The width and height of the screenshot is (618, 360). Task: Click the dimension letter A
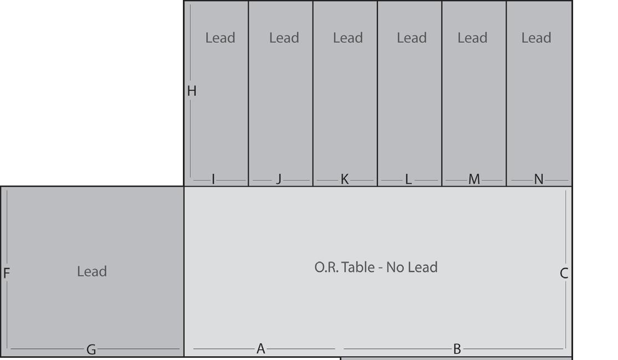click(x=261, y=349)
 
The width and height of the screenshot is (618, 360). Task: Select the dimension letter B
click(x=457, y=349)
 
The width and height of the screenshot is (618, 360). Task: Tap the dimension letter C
click(x=564, y=272)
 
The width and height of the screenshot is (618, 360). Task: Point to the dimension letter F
click(x=7, y=272)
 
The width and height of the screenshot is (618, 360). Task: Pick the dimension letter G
click(x=91, y=349)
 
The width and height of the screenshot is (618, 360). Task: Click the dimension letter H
click(x=192, y=91)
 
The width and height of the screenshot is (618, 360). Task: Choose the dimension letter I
click(x=213, y=179)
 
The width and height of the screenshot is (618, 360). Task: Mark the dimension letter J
click(x=279, y=179)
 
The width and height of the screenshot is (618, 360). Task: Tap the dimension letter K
click(x=345, y=179)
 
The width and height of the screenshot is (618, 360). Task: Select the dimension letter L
click(x=408, y=179)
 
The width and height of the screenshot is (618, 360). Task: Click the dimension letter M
click(x=474, y=179)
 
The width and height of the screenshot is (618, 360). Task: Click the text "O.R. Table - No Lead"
click(x=376, y=268)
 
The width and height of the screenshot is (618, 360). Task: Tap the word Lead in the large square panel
click(x=92, y=272)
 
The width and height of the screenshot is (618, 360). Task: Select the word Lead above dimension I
click(x=220, y=38)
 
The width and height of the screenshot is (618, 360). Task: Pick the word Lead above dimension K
click(x=348, y=38)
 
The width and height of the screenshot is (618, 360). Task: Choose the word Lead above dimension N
click(x=536, y=38)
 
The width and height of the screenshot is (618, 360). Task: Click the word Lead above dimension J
click(x=284, y=38)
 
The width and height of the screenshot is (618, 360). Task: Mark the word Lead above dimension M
click(x=472, y=38)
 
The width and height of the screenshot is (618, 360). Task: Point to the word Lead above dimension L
click(x=411, y=38)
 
